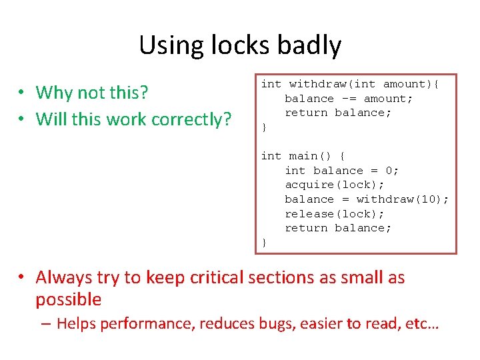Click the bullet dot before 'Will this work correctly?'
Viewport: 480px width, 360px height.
click(x=23, y=120)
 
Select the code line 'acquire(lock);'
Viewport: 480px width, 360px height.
click(x=335, y=185)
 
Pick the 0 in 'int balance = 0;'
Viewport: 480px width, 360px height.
click(x=389, y=171)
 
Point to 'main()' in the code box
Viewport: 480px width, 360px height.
click(x=310, y=156)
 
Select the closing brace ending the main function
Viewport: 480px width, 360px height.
click(x=264, y=243)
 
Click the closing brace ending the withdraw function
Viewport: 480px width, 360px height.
click(x=264, y=127)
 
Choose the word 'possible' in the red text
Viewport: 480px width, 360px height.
click(x=68, y=299)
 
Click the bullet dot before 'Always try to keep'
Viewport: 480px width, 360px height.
click(x=23, y=278)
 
